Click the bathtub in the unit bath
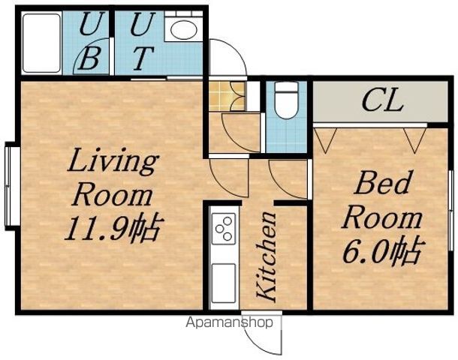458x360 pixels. click(41, 43)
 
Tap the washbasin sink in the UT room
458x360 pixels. click(183, 28)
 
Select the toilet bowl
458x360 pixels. click(287, 100)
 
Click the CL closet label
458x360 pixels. click(383, 101)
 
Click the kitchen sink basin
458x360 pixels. click(224, 283)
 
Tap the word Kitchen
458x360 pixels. click(267, 256)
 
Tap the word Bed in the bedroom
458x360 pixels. click(382, 183)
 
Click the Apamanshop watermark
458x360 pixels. click(230, 322)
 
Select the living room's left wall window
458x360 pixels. click(12, 187)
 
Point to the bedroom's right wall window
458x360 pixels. click(452, 210)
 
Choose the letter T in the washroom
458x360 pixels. click(143, 59)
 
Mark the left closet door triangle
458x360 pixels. click(325, 140)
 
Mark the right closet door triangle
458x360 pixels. click(414, 140)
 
